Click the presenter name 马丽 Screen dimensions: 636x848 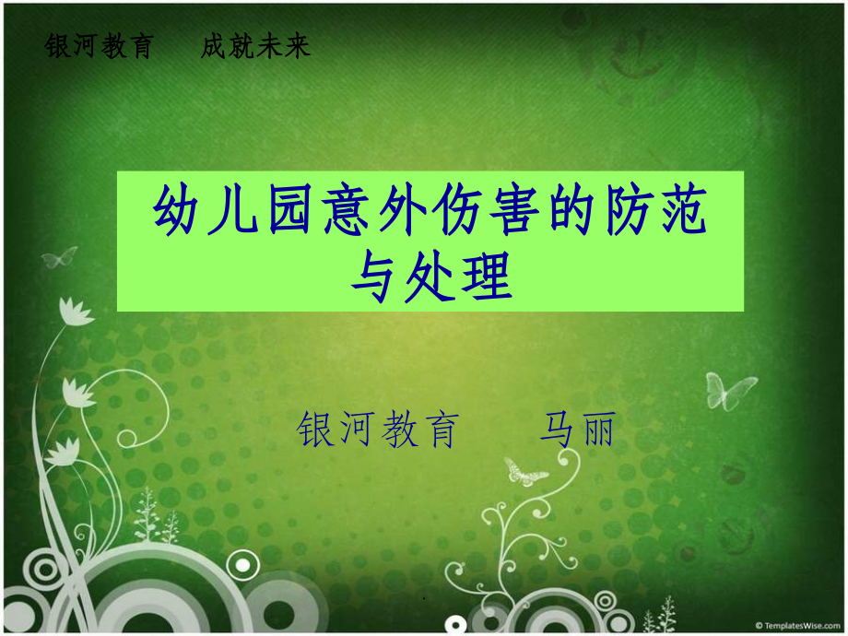pyautogui.click(x=577, y=430)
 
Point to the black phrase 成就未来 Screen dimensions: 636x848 pyautogui.click(x=256, y=47)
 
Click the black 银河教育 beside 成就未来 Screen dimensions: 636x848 pyautogui.click(x=99, y=47)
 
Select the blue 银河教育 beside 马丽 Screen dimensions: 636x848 pyautogui.click(x=379, y=430)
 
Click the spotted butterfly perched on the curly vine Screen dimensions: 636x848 pyautogui.click(x=525, y=473)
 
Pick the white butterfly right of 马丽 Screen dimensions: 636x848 pyautogui.click(x=730, y=390)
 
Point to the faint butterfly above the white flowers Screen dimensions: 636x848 pyautogui.click(x=60, y=256)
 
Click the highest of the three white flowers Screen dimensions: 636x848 pyautogui.click(x=77, y=312)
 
